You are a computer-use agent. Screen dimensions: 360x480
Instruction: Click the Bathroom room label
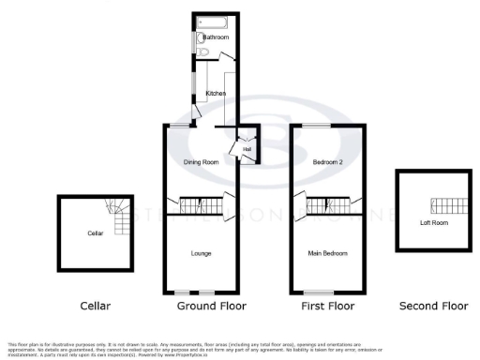point(216,37)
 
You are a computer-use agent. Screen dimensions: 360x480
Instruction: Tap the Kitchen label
point(216,93)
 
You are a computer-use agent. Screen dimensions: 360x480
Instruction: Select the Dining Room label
point(200,162)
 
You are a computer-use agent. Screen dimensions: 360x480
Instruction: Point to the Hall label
point(247,149)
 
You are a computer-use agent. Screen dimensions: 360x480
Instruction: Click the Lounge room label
point(201,253)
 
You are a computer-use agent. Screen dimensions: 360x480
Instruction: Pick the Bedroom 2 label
point(327,162)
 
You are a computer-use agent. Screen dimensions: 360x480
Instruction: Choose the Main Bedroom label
point(327,253)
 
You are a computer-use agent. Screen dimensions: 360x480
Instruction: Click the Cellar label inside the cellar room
point(95,232)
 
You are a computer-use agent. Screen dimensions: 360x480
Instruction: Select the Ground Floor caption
point(212,306)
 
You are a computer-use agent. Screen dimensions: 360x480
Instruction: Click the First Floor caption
point(326,306)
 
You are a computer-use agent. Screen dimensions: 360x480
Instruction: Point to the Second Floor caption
point(433,306)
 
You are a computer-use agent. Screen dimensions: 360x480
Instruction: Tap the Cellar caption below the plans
point(95,306)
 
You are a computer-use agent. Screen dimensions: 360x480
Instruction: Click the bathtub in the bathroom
point(214,21)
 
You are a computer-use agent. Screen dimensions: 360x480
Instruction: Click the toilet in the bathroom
point(202,38)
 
